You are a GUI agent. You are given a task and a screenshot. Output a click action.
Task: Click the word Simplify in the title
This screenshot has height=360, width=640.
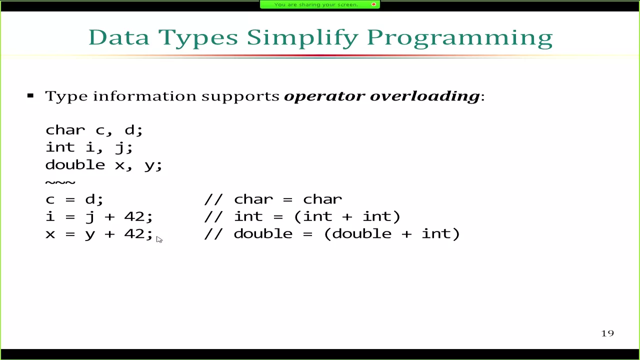(x=302, y=38)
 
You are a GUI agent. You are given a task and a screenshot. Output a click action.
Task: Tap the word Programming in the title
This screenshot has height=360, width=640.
(x=460, y=38)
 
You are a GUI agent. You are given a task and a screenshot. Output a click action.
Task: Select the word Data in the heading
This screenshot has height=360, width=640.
(x=119, y=37)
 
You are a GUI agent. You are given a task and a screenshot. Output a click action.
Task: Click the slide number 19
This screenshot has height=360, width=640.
(x=607, y=333)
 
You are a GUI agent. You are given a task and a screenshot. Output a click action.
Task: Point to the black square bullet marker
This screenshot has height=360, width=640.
(x=30, y=95)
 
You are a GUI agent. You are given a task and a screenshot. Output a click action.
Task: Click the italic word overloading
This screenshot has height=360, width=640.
(x=424, y=96)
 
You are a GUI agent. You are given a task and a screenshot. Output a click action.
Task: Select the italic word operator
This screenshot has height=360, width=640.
(x=324, y=96)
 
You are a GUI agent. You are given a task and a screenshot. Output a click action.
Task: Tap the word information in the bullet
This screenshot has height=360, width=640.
(x=144, y=95)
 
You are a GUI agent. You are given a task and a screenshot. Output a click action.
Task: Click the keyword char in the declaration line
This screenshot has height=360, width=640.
(x=65, y=130)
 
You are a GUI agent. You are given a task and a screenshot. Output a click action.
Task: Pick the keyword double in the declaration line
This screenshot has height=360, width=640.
(x=75, y=165)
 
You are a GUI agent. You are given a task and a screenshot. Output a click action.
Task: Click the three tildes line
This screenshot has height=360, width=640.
(x=60, y=182)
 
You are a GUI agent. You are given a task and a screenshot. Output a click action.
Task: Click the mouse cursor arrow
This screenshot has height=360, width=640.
(x=159, y=239)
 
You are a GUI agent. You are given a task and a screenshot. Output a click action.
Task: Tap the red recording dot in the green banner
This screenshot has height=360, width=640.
(x=373, y=4)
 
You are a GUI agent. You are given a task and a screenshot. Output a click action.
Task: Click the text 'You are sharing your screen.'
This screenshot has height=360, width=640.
(x=316, y=4)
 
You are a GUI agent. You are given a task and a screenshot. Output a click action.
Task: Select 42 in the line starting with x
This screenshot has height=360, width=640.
(x=134, y=233)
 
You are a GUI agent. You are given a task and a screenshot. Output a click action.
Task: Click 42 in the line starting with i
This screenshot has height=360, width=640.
(x=134, y=216)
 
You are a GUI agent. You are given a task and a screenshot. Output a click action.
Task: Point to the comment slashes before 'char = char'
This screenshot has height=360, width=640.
(x=213, y=199)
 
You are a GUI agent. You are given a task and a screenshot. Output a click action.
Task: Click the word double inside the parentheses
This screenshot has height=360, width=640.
(x=361, y=233)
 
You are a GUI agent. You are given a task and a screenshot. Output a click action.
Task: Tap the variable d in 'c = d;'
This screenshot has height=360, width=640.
(x=90, y=199)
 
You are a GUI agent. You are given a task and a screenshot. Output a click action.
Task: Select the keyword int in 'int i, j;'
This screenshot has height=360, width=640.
(x=60, y=147)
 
